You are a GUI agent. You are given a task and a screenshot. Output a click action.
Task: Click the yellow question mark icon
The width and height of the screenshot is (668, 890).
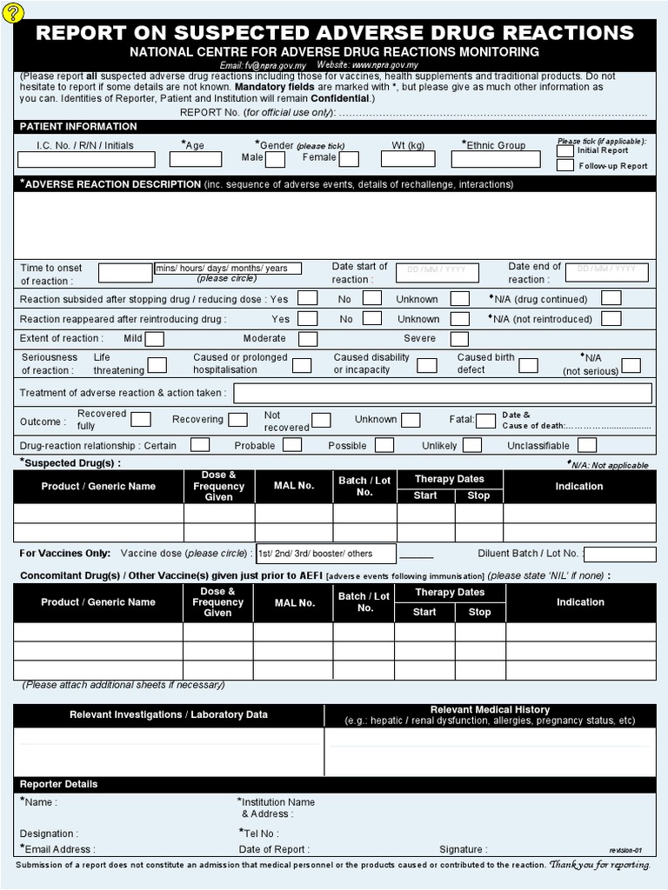(15, 11)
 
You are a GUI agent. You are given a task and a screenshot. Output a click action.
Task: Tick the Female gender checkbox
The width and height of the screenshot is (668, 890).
(349, 159)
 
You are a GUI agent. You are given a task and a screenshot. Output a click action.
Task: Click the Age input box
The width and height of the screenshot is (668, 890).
(195, 159)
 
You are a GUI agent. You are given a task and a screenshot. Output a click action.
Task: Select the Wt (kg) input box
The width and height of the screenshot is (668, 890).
(408, 159)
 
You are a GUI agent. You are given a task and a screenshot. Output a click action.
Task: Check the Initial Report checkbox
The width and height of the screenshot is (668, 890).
(565, 151)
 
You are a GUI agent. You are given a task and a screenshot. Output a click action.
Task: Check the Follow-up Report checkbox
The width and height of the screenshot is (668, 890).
(565, 165)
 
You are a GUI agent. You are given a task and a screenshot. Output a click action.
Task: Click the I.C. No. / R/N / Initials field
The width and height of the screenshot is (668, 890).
(86, 160)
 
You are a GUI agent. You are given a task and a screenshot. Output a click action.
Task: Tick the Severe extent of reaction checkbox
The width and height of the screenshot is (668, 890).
(459, 339)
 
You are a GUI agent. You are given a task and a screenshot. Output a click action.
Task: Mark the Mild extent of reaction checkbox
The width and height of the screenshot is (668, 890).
(155, 339)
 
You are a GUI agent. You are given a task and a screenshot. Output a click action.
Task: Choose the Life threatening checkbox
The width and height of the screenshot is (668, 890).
(157, 365)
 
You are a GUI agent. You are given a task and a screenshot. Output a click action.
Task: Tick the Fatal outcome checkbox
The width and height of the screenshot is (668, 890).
(485, 421)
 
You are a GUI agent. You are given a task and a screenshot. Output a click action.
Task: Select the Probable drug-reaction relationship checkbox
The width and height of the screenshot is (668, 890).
(292, 445)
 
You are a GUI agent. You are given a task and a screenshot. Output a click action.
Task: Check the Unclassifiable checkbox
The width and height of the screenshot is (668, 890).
(587, 445)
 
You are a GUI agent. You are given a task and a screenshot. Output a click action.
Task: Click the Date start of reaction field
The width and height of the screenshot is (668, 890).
(437, 272)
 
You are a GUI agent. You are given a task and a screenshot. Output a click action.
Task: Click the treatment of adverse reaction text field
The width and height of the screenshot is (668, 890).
(442, 393)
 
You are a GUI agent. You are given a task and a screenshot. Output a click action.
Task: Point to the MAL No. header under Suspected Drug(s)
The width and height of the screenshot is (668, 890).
(293, 486)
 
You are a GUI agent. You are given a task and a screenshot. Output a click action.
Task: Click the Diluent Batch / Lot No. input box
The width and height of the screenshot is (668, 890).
(618, 554)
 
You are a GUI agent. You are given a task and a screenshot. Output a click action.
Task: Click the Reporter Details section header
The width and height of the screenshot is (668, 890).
(59, 784)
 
